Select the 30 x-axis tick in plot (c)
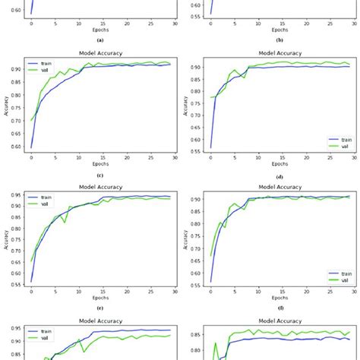coord(175,157)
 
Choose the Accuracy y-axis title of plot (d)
coord(184,106)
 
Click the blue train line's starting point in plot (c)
coord(31,147)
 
